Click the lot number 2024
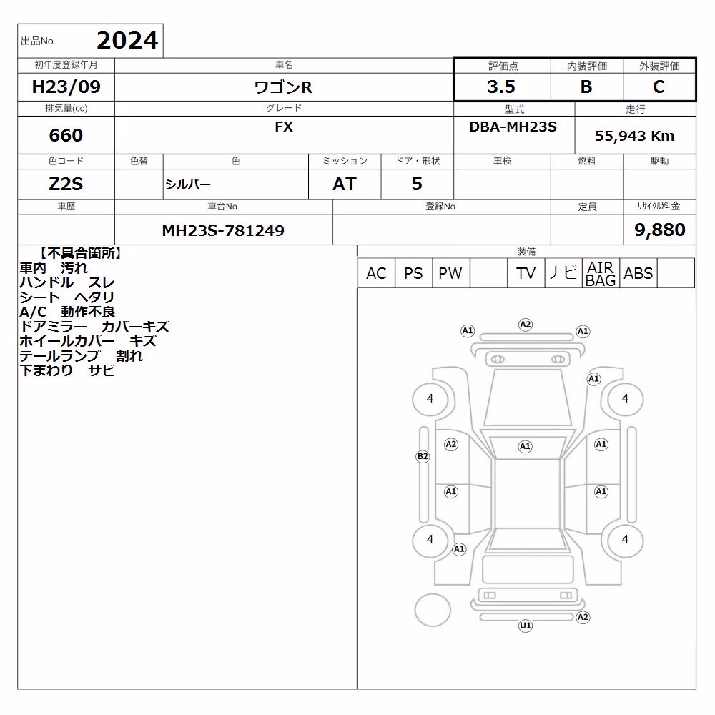tap(127, 41)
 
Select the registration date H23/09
tap(66, 87)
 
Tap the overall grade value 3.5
tap(501, 87)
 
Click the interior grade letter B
tap(586, 87)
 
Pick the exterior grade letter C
tap(659, 87)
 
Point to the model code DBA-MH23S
tap(513, 127)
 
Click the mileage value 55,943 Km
tap(635, 136)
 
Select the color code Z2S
tap(66, 184)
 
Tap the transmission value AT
tap(345, 184)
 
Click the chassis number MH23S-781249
tap(223, 230)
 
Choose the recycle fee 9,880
tap(660, 230)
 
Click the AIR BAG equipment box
tap(601, 273)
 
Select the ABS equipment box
tap(638, 273)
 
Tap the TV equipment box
tap(526, 273)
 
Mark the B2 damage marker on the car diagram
tap(423, 456)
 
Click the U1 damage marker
tap(526, 626)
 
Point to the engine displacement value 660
tap(66, 135)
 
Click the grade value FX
tap(284, 127)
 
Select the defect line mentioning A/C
tap(67, 312)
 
